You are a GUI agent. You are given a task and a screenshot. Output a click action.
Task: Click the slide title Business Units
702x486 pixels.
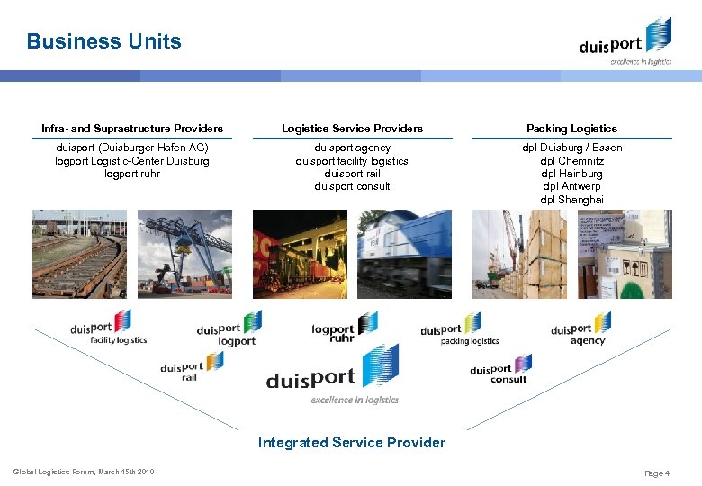(103, 41)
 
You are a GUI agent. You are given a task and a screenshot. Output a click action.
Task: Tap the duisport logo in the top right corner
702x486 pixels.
(625, 42)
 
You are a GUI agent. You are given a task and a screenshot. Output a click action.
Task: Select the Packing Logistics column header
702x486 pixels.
(571, 129)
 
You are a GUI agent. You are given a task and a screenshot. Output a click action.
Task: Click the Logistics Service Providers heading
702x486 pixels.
(352, 129)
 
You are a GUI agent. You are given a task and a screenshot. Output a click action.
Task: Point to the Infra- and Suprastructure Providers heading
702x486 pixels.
(132, 129)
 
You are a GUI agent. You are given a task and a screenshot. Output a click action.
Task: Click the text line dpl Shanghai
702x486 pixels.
(571, 200)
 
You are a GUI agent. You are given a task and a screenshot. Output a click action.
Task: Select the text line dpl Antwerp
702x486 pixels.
(571, 186)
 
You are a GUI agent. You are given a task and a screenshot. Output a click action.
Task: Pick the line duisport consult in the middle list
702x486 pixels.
(352, 186)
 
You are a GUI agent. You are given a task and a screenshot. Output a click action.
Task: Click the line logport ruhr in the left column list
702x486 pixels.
(132, 174)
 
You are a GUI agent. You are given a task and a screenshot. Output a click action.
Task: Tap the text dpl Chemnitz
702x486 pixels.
(571, 161)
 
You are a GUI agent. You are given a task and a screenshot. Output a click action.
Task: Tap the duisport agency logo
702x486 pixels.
(580, 330)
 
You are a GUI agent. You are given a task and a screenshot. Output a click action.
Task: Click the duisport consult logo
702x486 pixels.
(500, 369)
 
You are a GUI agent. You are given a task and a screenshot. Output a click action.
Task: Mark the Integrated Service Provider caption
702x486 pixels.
(352, 442)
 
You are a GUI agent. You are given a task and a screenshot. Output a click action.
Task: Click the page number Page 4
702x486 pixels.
(658, 472)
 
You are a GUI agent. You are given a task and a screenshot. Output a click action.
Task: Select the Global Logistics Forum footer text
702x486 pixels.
(84, 472)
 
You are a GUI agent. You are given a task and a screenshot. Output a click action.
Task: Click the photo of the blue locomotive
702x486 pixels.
(404, 254)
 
